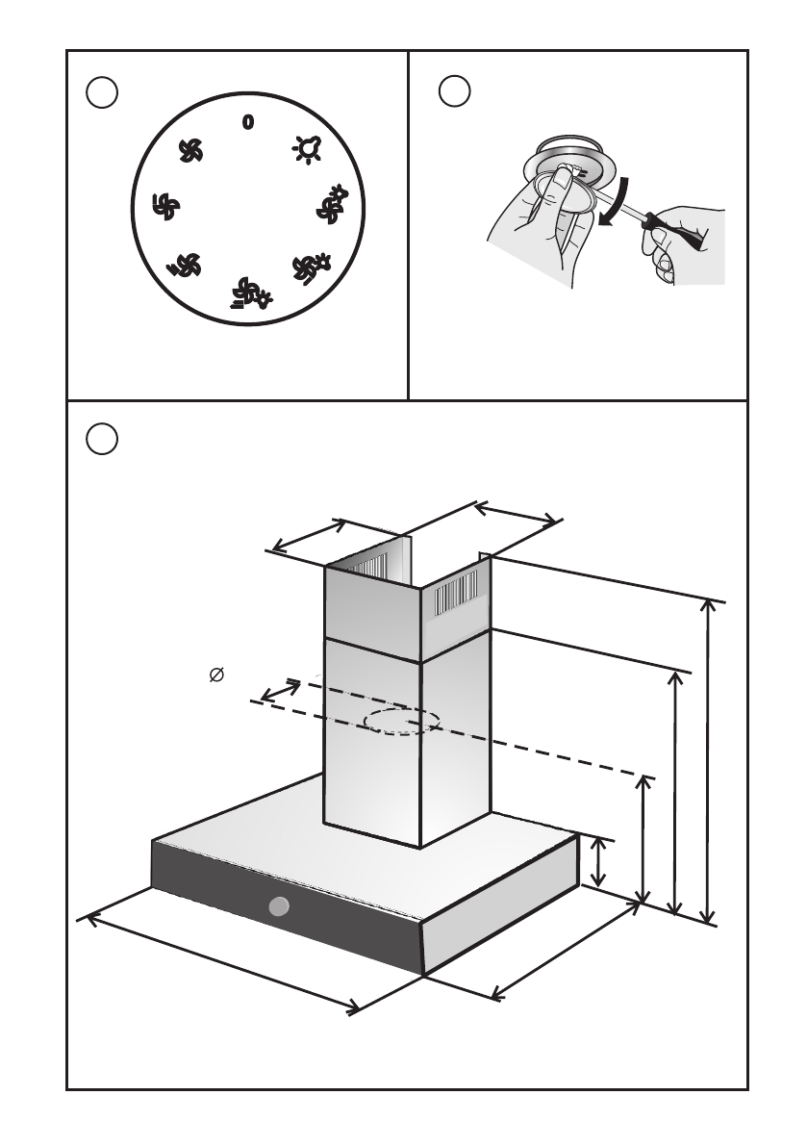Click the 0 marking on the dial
pyautogui.click(x=247, y=122)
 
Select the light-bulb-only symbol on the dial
pyautogui.click(x=307, y=148)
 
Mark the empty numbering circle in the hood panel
pyautogui.click(x=102, y=438)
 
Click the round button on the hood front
pyautogui.click(x=279, y=905)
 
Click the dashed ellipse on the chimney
pyautogui.click(x=403, y=722)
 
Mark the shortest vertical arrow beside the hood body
pyautogui.click(x=598, y=862)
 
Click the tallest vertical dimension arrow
pyautogui.click(x=710, y=761)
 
